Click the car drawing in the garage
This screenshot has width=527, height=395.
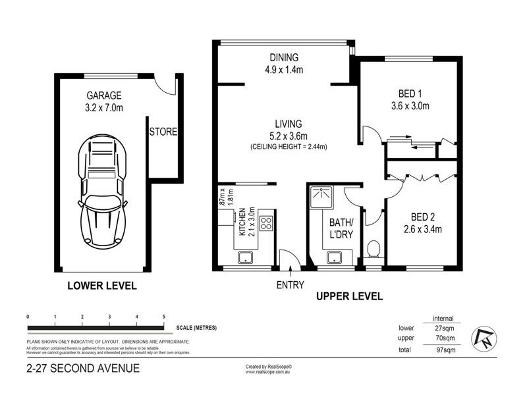102,191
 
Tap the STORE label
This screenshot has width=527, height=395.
163,132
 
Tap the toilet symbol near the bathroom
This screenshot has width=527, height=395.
373,249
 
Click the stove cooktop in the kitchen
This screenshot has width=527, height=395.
265,223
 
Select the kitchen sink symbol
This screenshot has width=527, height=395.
247,257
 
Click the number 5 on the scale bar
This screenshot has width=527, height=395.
163,317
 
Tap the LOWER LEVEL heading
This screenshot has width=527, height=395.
102,286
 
